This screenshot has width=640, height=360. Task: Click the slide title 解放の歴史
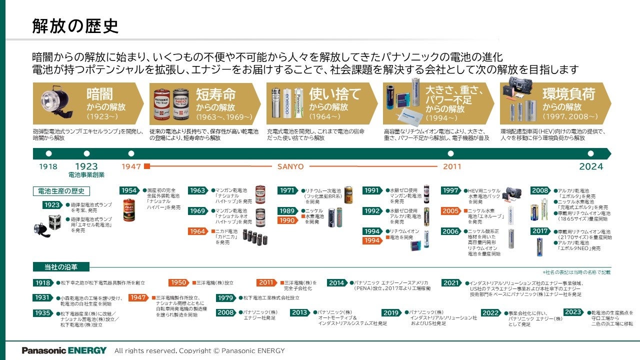(75, 26)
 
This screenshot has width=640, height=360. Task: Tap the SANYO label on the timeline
(290, 166)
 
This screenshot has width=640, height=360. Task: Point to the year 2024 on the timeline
(591, 166)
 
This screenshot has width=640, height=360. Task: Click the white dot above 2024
(590, 153)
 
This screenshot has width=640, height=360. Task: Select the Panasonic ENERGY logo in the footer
(64, 350)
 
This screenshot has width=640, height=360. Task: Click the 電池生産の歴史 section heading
(61, 191)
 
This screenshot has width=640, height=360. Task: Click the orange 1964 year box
(197, 231)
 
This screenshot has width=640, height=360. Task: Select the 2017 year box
(540, 231)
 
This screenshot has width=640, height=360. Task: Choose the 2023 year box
(573, 312)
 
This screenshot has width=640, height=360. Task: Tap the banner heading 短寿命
(215, 94)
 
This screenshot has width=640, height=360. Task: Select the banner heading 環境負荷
(568, 94)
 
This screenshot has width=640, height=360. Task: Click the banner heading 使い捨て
(334, 94)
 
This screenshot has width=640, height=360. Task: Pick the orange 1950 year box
(178, 282)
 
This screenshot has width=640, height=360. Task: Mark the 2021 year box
(451, 282)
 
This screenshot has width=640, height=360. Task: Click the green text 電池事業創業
(86, 176)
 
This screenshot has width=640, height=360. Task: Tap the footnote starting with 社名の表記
(576, 272)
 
